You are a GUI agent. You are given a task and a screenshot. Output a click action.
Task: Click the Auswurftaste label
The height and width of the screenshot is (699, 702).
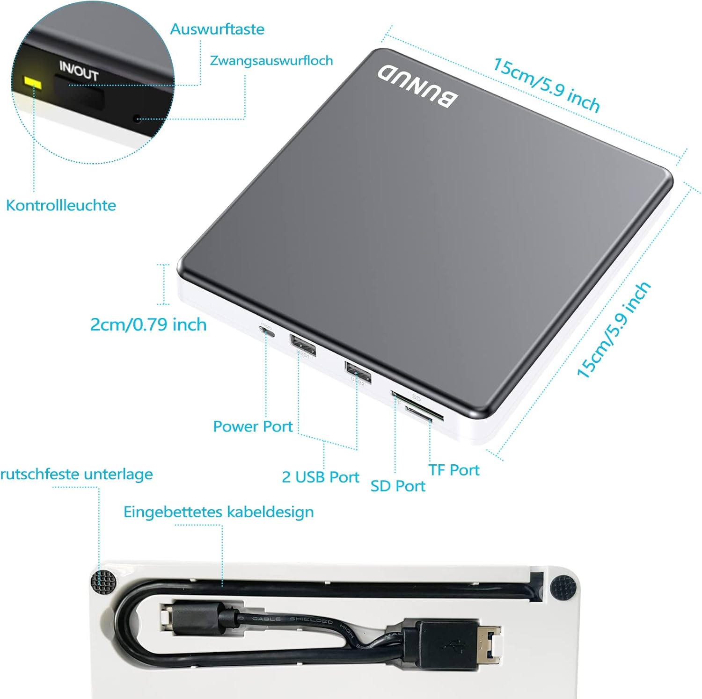click(217, 29)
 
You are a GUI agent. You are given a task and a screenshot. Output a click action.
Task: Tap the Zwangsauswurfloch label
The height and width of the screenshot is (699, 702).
click(271, 61)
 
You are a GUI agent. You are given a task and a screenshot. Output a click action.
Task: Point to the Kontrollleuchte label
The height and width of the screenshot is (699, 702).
click(61, 205)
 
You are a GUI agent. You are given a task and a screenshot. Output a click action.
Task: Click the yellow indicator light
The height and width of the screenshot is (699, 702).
click(33, 83)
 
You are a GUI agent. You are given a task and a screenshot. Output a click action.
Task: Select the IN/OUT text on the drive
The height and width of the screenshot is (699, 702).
click(79, 71)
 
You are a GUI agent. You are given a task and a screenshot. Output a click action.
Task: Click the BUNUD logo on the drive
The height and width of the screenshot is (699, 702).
click(417, 87)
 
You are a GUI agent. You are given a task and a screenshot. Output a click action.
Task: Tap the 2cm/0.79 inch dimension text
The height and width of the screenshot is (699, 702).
click(148, 324)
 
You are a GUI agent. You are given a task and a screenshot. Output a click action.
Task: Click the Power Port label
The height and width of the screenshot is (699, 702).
click(252, 426)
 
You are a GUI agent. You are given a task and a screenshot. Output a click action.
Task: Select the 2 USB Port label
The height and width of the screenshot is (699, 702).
click(320, 477)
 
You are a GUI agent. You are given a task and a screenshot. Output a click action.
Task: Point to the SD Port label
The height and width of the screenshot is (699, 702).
click(398, 486)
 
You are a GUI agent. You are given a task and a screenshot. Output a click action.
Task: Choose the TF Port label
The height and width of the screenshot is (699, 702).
click(454, 470)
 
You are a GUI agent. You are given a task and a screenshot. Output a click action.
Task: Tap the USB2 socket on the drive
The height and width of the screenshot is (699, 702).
click(358, 372)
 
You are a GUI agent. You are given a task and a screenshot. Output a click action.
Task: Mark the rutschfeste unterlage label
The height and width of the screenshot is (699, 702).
click(76, 474)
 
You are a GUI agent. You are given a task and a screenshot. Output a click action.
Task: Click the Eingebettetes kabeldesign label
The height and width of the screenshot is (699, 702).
click(218, 512)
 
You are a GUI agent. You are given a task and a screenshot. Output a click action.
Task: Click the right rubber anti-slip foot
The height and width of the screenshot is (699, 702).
click(563, 588)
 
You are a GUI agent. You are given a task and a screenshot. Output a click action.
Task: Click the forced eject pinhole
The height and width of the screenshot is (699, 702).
click(137, 119)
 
